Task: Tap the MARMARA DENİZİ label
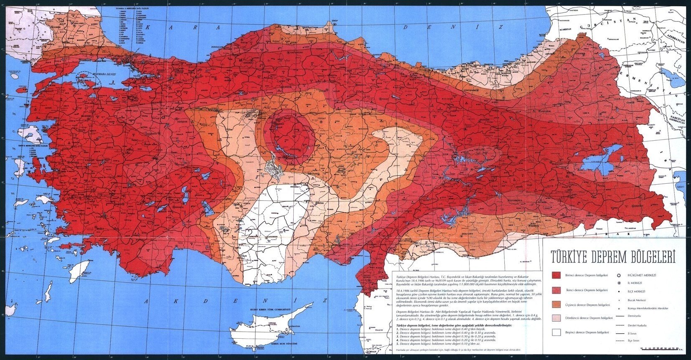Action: pyautogui.click(x=104, y=74)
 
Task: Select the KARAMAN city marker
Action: pyautogui.click(x=266, y=237)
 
